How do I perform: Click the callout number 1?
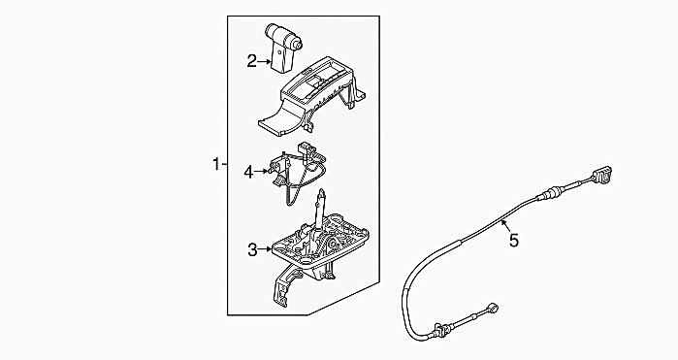click(x=216, y=164)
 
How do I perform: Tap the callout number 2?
click(x=251, y=61)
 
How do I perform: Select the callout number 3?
click(x=252, y=249)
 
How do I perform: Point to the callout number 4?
click(x=248, y=172)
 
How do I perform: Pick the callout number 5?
click(x=514, y=241)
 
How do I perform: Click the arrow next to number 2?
click(x=264, y=62)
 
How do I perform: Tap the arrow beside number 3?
click(x=265, y=249)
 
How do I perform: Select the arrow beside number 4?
click(x=261, y=172)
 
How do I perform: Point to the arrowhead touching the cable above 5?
click(x=502, y=222)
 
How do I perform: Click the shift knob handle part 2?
click(x=282, y=47)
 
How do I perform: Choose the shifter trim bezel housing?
click(x=311, y=96)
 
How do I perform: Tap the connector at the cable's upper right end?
click(x=602, y=176)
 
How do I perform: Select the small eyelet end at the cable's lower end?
click(x=494, y=308)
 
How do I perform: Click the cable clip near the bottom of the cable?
click(x=440, y=330)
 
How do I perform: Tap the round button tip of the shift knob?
click(x=297, y=43)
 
